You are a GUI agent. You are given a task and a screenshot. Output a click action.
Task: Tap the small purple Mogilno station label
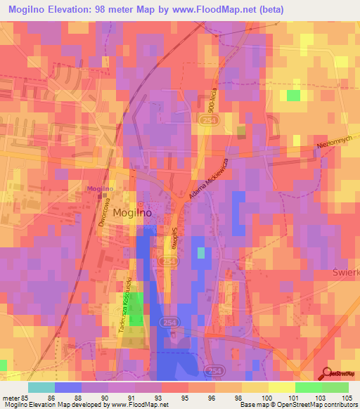(99, 189)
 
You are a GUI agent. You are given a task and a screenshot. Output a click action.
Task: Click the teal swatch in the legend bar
(41, 387)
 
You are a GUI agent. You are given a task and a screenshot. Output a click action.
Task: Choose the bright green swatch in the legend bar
(308, 387)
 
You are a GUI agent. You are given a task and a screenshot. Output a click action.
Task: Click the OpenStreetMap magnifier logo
(328, 372)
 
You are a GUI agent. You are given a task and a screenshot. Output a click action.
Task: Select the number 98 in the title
(124, 10)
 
